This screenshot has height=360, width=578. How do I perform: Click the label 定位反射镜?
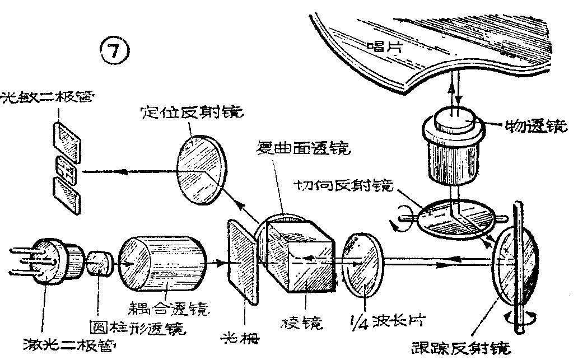pos(191,112)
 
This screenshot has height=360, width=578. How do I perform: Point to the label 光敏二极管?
pos(47,97)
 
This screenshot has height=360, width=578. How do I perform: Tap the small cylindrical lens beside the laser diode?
pos(99,263)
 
